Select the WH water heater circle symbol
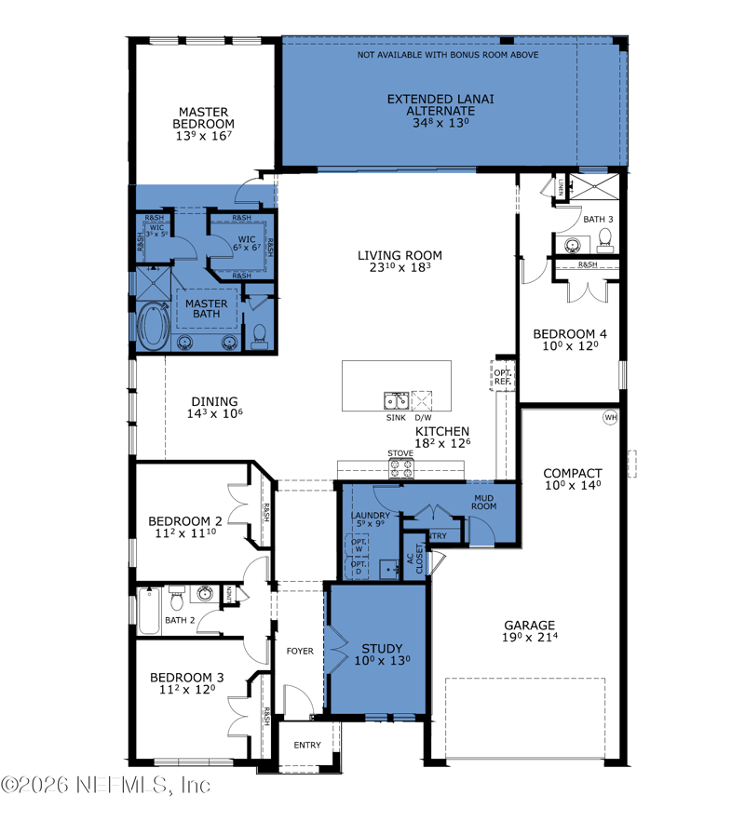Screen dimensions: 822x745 (611, 417)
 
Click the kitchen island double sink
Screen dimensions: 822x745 (396, 401)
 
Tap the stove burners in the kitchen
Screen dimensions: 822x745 (400, 469)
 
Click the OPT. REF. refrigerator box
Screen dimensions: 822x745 (502, 376)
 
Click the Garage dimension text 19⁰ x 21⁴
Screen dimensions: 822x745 (530, 639)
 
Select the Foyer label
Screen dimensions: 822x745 (300, 651)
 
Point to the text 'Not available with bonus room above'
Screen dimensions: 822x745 (448, 55)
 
